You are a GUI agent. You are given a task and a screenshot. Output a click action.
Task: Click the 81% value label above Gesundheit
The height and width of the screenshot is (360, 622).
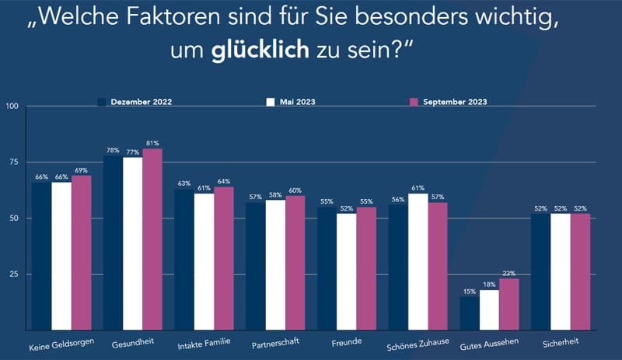[152, 142]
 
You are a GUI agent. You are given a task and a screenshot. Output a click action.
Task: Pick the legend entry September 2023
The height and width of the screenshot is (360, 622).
[454, 102]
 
